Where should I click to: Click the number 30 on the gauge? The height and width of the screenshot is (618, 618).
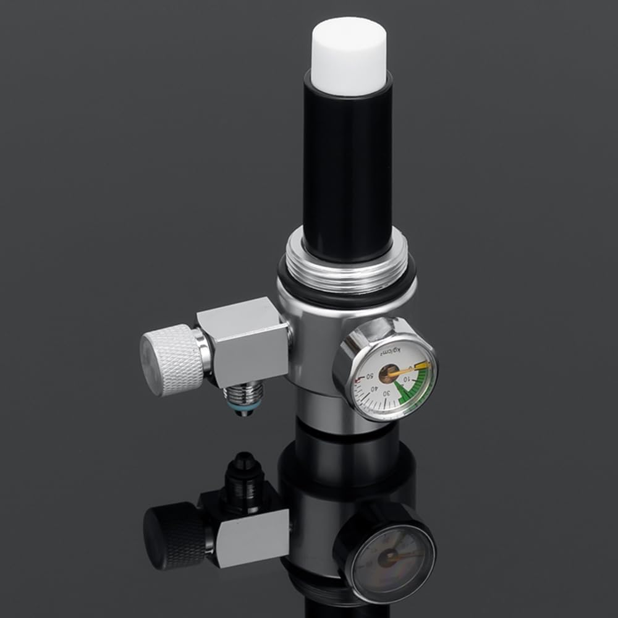tap(387, 394)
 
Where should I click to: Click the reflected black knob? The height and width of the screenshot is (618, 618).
tap(171, 535)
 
